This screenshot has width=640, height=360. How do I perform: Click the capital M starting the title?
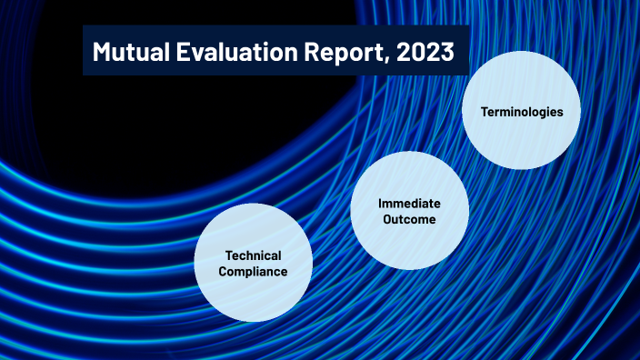click(101, 52)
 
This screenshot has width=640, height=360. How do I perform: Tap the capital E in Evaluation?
click(185, 52)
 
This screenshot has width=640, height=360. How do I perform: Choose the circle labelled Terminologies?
click(522, 111)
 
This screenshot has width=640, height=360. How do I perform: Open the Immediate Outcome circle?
click(409, 210)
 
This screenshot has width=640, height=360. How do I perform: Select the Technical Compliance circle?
click(254, 263)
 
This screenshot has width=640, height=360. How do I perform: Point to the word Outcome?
click(409, 219)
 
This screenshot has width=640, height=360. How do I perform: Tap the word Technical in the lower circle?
click(254, 255)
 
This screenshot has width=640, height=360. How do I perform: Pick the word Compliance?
click(254, 272)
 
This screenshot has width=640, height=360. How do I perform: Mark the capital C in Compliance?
click(223, 272)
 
